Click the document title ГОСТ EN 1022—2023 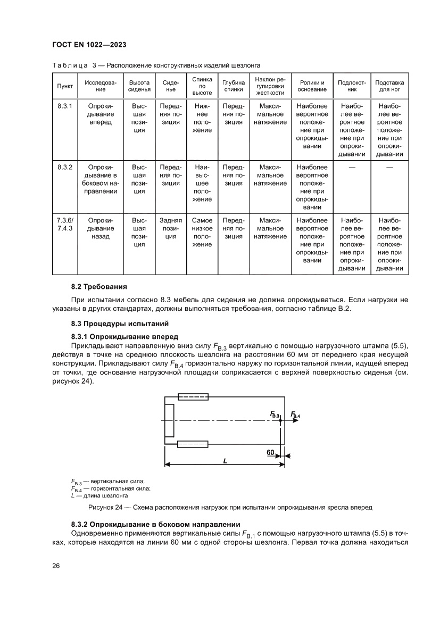click(x=88, y=44)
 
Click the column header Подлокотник click(x=352, y=86)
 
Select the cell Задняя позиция click(x=171, y=228)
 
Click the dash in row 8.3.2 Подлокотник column click(x=352, y=168)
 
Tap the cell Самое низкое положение click(x=202, y=232)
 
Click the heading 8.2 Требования click(x=99, y=287)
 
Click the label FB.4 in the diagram click(x=295, y=414)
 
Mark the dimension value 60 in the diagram click(x=270, y=452)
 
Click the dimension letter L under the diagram click(x=225, y=462)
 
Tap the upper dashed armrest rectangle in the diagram click(x=193, y=396)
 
